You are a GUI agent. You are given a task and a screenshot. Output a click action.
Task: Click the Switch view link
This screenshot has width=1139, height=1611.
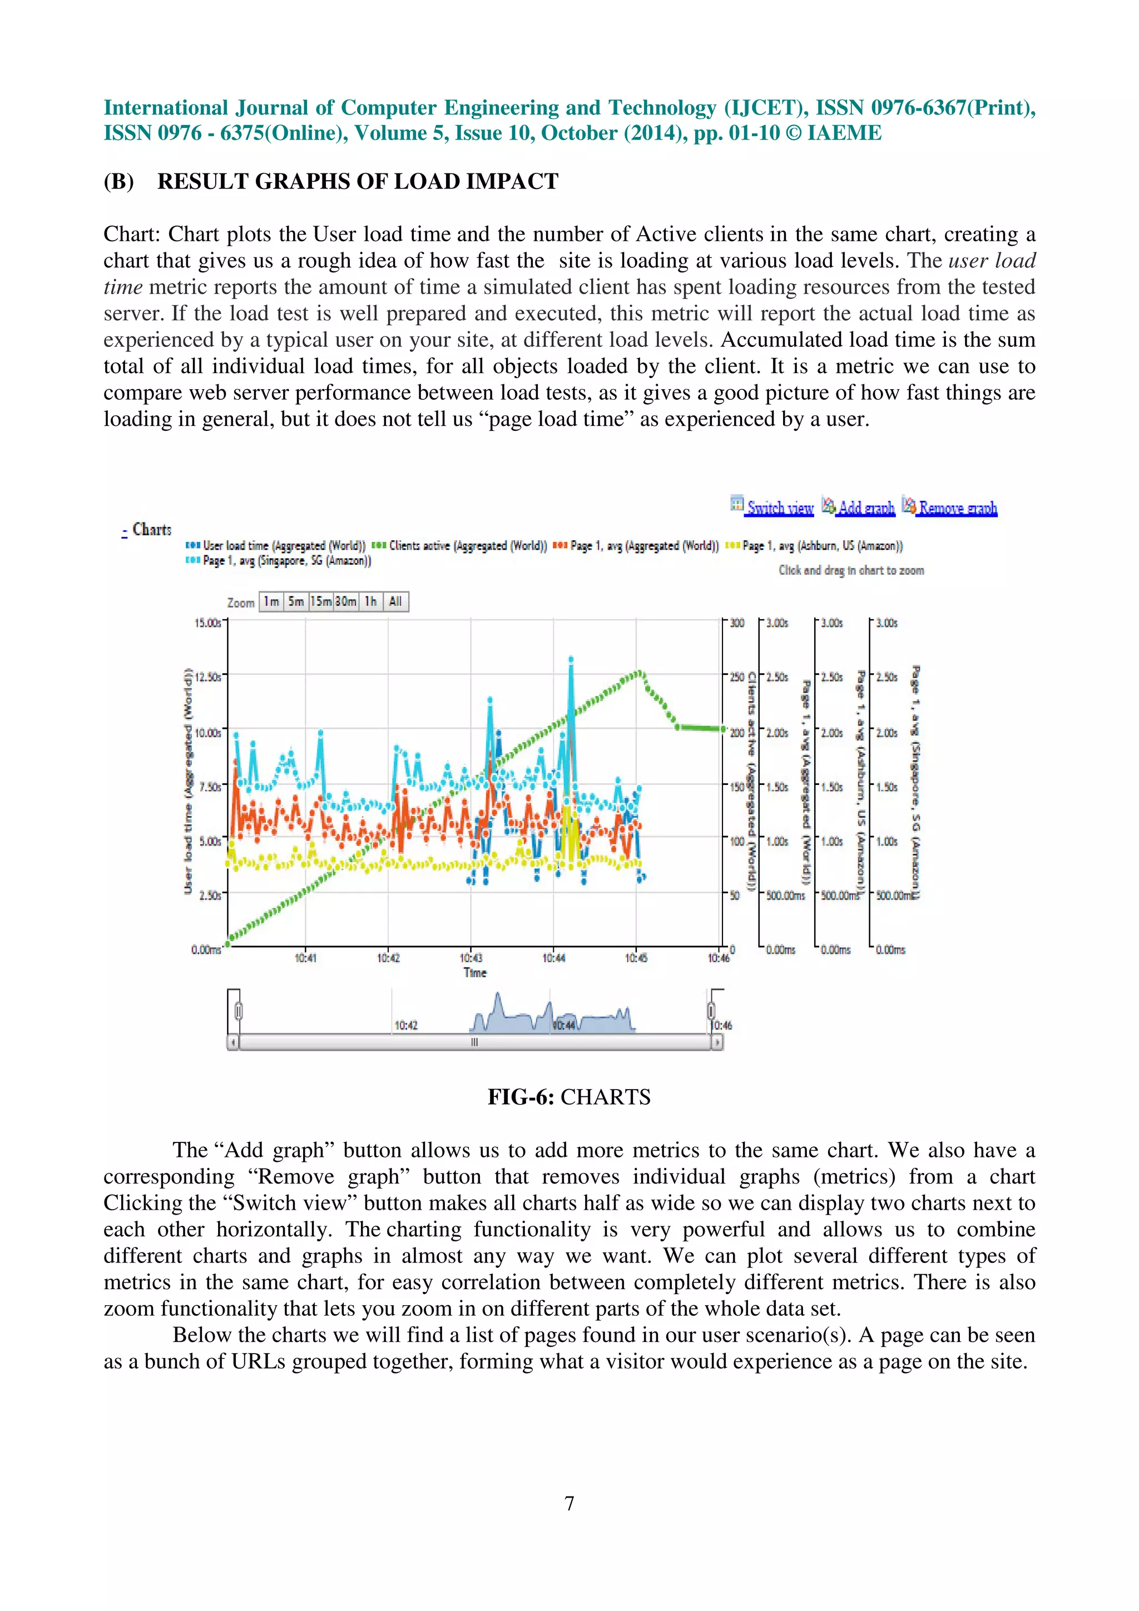coord(779,508)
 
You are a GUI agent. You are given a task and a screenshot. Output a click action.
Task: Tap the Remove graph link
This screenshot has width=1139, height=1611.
coord(957,508)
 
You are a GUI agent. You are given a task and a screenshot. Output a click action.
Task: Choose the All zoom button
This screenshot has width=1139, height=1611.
coord(395,601)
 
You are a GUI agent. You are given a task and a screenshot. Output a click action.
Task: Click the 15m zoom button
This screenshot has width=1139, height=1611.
coord(321,601)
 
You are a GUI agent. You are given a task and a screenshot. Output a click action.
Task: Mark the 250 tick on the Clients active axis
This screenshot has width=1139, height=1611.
coord(737,677)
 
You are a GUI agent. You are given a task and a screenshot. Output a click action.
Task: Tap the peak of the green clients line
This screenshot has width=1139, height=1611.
coord(640,674)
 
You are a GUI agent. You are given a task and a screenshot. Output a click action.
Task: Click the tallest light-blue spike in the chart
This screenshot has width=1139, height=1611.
coord(571,659)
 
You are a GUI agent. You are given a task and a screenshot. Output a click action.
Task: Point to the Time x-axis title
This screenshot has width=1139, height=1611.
coord(475,972)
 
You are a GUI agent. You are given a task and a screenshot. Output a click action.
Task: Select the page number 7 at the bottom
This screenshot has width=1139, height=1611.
coord(569,1503)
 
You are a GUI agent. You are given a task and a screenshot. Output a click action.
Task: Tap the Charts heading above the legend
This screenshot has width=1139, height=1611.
coord(152,529)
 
